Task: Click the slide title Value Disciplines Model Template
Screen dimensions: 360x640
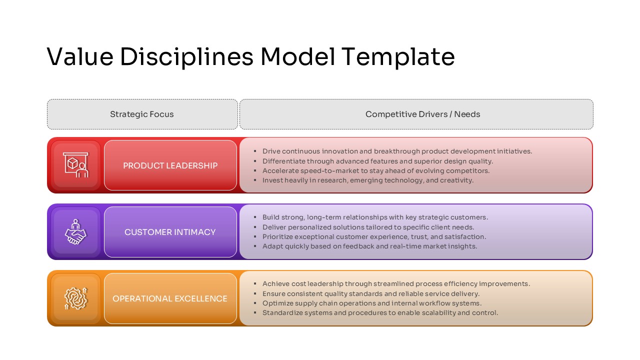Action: click(250, 56)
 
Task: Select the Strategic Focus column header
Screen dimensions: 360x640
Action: click(142, 114)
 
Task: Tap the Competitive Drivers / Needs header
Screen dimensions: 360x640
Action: click(422, 114)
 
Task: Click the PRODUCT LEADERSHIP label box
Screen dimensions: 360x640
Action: click(170, 165)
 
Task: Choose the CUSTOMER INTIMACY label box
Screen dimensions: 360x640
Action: click(170, 232)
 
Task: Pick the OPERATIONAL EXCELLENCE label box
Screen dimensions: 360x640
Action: click(170, 298)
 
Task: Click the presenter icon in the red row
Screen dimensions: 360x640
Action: click(75, 165)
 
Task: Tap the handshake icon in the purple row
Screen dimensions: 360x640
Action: click(75, 232)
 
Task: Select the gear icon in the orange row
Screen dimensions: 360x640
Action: click(75, 298)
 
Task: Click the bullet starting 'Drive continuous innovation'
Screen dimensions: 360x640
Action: click(397, 151)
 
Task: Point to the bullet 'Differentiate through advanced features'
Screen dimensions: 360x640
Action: click(377, 161)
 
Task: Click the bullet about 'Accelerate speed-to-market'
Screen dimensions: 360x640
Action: click(376, 170)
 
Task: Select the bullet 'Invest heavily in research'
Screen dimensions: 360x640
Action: click(367, 180)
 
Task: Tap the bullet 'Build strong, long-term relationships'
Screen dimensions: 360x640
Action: click(375, 217)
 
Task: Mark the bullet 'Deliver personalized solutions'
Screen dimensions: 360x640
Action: click(368, 227)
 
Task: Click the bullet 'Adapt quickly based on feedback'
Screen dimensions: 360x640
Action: click(369, 246)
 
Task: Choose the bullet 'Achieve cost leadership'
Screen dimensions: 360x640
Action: click(396, 283)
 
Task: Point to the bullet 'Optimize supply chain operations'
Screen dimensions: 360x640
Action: click(372, 303)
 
